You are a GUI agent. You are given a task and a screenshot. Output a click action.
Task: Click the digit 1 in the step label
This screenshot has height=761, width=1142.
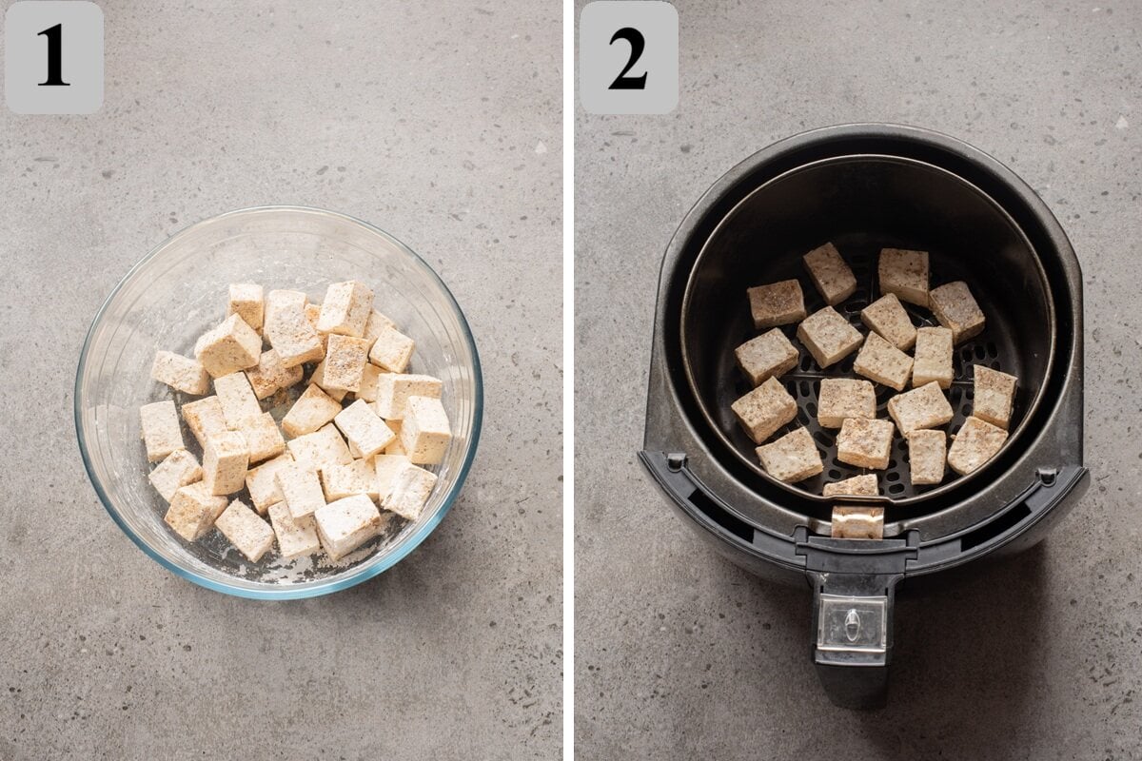coord(53,56)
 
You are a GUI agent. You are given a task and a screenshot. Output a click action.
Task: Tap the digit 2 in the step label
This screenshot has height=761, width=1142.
coord(628,58)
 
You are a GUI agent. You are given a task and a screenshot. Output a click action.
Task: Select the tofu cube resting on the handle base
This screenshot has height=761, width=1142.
coord(856,522)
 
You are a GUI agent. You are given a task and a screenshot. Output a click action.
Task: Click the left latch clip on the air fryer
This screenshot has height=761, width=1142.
coord(676,462)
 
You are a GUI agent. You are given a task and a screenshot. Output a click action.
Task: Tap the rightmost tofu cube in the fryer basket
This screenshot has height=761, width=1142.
coord(994,396)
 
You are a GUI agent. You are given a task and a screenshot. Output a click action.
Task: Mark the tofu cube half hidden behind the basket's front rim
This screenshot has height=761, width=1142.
coord(851,486)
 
